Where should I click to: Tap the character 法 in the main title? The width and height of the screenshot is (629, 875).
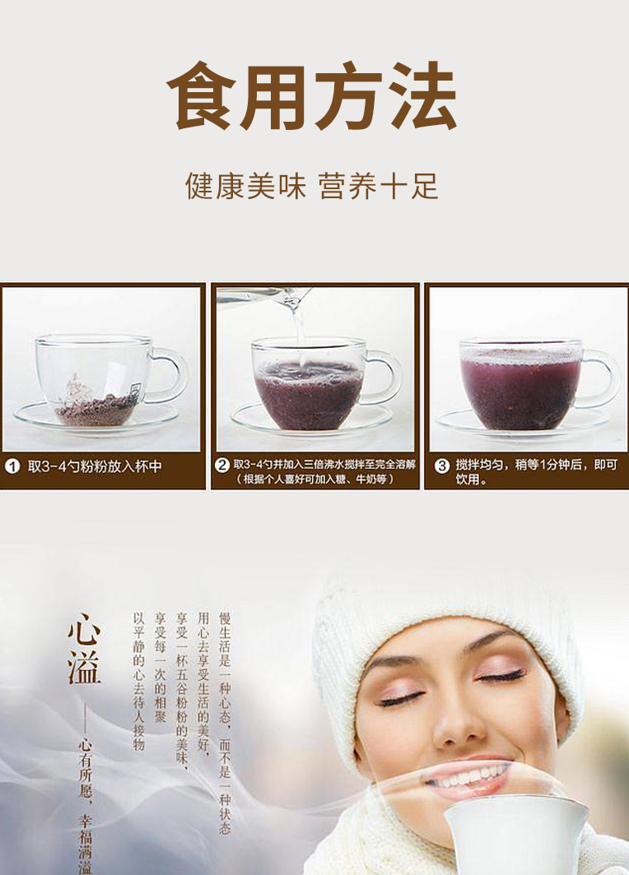coord(424,96)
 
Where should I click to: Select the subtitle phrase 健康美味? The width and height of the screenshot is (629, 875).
coord(246,186)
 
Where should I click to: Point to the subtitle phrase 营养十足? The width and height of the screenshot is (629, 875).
coord(379,186)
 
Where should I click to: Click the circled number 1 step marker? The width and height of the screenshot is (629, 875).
coord(12,466)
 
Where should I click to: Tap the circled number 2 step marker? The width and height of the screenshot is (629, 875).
coord(222,465)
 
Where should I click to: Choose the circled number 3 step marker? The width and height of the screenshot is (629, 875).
coord(442,466)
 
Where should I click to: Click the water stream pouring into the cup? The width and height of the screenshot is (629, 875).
coord(299,325)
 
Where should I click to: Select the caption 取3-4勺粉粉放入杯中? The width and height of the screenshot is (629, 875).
coord(95,466)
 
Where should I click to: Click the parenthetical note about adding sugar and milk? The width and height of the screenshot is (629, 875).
coord(315,479)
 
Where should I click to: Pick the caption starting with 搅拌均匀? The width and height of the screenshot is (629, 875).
coord(536,471)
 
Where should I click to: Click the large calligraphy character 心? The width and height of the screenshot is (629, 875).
coord(84,629)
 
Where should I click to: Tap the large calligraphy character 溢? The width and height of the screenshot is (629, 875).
coord(84,668)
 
